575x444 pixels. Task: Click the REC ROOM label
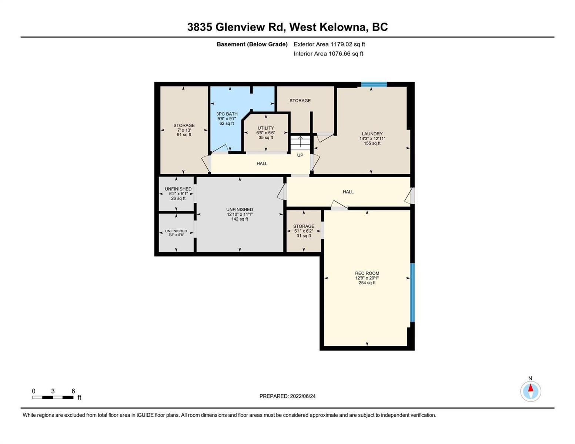tap(367, 273)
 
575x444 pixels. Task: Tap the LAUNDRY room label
tap(372, 134)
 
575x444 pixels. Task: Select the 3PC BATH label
tap(227, 114)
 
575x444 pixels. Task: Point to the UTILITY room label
tap(266, 128)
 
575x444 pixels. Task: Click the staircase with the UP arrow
tap(300, 143)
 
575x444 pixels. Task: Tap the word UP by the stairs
tap(300, 155)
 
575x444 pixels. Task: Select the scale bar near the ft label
tap(53, 397)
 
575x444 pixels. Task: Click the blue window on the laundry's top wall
tap(374, 84)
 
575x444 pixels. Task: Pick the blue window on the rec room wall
tap(412, 292)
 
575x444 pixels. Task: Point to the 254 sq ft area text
tap(367, 283)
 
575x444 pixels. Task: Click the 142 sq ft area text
tap(240, 219)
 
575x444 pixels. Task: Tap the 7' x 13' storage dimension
tap(184, 130)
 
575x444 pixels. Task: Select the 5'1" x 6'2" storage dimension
tap(304, 231)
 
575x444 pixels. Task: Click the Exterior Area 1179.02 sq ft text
tap(329, 44)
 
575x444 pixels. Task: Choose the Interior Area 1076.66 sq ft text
tap(328, 54)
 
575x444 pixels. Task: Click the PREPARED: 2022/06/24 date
tap(287, 396)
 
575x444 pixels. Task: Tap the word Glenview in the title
tap(240, 27)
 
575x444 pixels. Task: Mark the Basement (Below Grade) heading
tap(252, 44)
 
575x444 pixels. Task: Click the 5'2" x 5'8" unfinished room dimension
tap(176, 235)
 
